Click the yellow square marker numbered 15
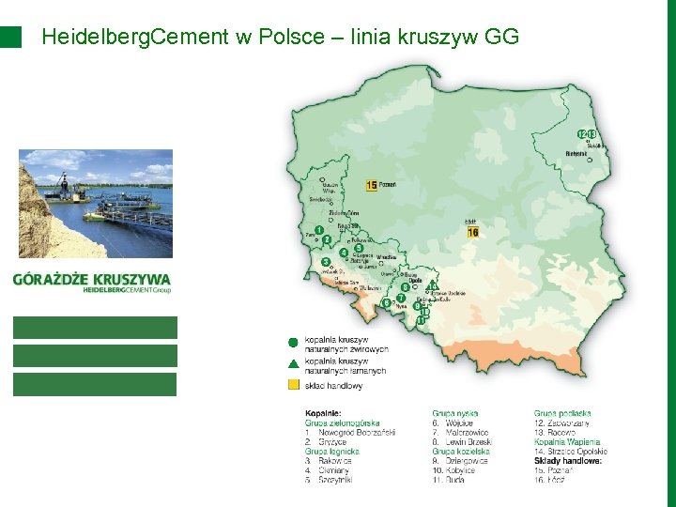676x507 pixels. point(372,186)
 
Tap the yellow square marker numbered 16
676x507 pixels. point(472,232)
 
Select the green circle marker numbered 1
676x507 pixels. point(320,230)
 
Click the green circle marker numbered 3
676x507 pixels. point(326,262)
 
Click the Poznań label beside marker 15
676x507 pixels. point(388,186)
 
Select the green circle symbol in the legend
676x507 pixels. point(293,343)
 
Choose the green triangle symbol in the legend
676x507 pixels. point(293,364)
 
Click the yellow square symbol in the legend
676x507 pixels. point(293,385)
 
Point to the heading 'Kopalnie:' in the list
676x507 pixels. point(323,413)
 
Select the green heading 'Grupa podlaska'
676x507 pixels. point(562,413)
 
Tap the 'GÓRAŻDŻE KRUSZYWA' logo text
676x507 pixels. point(92,279)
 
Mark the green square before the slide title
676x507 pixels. point(10,37)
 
